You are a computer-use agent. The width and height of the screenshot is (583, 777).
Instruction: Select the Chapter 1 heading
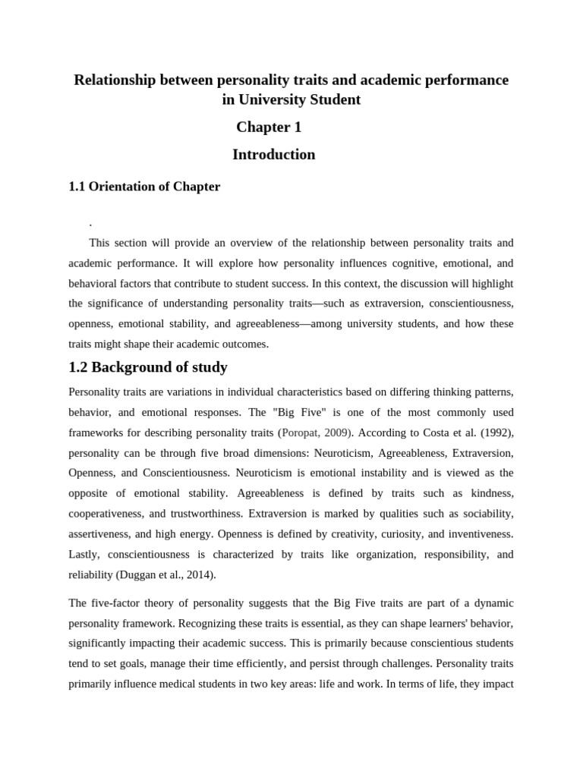click(269, 127)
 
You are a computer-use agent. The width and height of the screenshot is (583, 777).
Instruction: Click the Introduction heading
click(273, 155)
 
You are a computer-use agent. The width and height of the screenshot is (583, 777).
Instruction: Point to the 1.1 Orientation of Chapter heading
click(144, 187)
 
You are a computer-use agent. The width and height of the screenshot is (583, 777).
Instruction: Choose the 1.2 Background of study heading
click(148, 368)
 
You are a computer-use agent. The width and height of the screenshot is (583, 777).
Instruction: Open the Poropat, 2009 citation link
click(317, 433)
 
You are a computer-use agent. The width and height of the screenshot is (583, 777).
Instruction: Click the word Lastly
click(85, 554)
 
